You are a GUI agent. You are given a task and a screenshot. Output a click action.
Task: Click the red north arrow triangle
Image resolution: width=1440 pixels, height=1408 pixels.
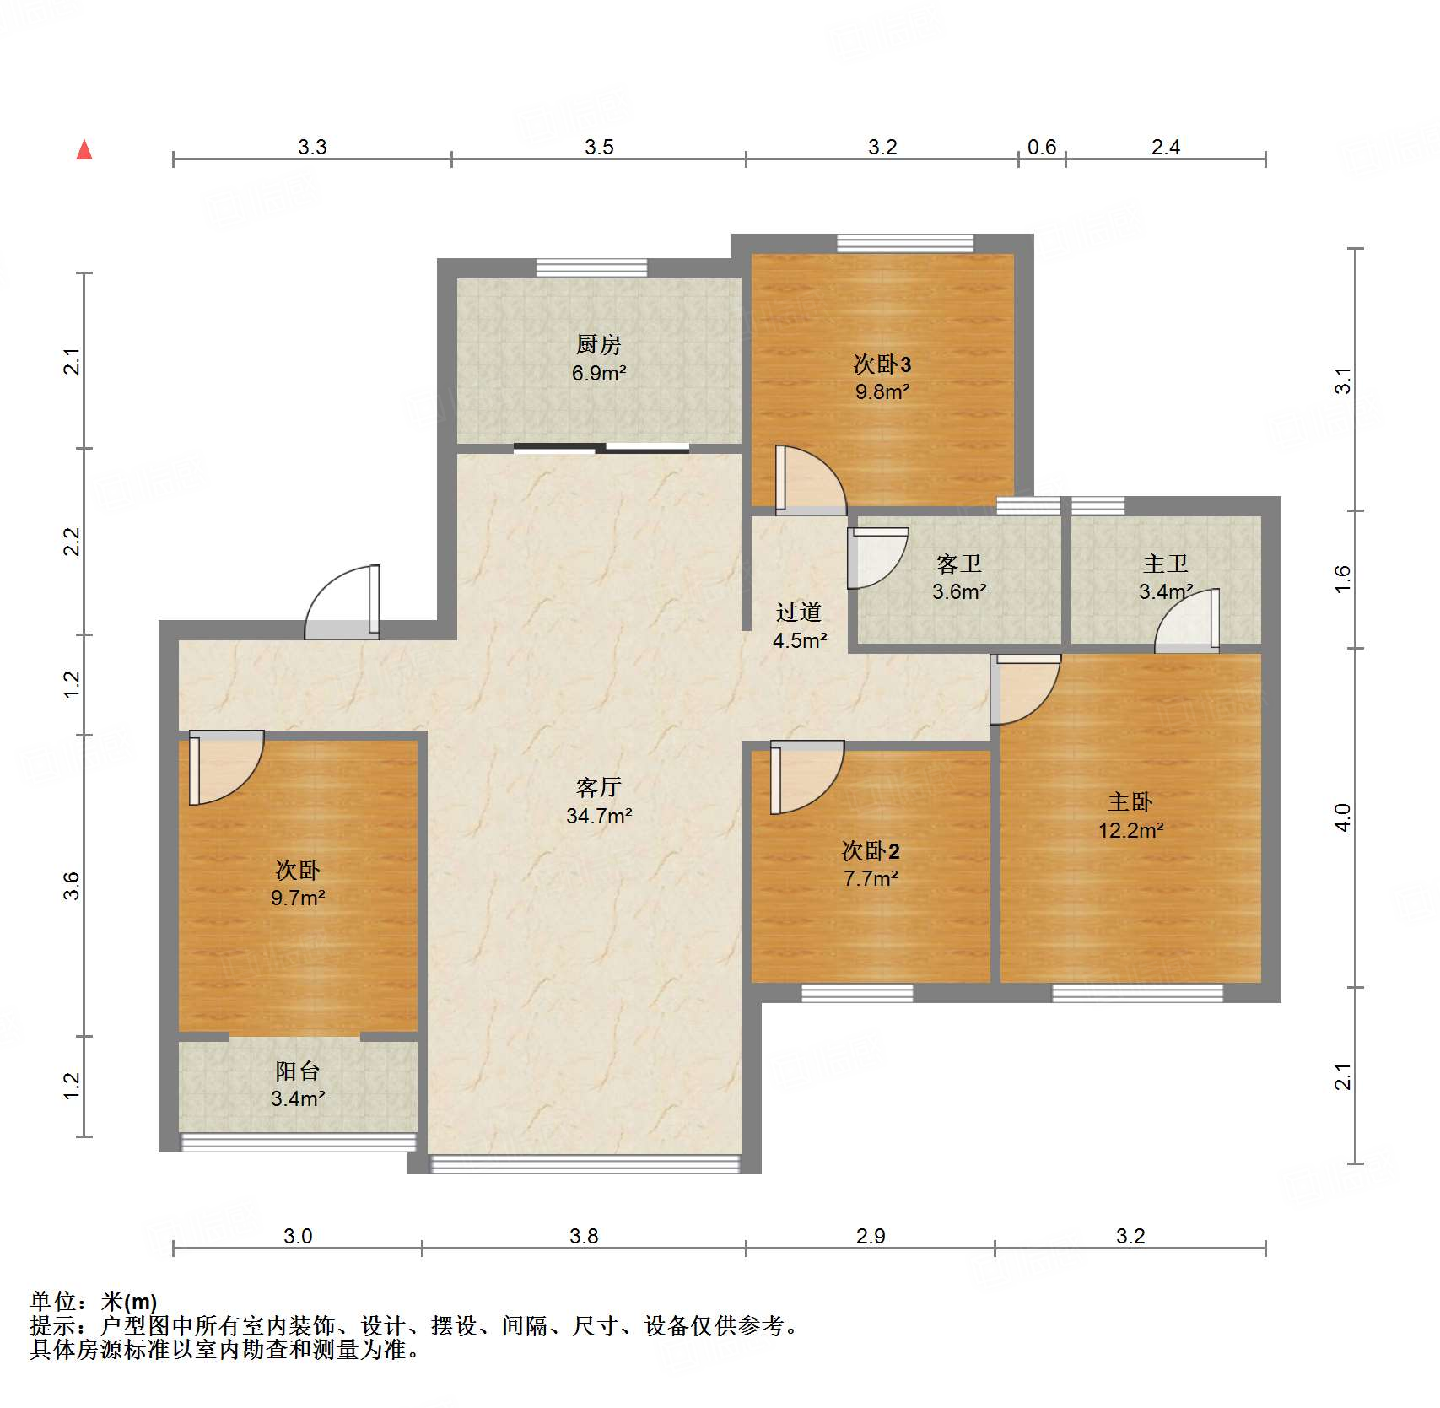(x=84, y=149)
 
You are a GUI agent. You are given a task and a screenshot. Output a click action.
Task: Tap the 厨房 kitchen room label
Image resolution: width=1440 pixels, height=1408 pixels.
(x=598, y=344)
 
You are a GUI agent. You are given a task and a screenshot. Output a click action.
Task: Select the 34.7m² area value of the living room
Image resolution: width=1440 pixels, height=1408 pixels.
(x=599, y=816)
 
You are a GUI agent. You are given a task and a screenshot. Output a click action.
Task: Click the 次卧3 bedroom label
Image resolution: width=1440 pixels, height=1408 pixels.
(x=882, y=364)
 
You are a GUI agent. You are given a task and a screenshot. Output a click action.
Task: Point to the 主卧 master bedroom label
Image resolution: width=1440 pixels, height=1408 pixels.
(x=1130, y=801)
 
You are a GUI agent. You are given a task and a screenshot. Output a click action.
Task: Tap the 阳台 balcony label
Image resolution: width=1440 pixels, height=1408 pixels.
(x=298, y=1071)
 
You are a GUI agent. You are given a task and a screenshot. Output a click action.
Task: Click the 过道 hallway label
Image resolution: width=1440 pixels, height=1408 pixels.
(x=799, y=612)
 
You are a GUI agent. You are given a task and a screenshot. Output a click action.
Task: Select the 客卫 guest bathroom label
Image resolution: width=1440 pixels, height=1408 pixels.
(x=959, y=564)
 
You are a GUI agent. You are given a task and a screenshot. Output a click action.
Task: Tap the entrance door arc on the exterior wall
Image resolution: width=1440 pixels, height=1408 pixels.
(x=342, y=602)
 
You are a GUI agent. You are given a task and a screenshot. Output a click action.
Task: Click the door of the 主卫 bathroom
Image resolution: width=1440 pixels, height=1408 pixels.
(x=1187, y=620)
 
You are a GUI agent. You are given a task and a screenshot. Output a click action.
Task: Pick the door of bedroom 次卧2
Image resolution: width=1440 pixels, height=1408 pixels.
(x=806, y=777)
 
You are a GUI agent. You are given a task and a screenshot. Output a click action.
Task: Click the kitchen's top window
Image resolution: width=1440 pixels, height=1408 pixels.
(x=592, y=268)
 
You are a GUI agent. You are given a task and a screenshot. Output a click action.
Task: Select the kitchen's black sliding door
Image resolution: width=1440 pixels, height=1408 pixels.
(x=601, y=448)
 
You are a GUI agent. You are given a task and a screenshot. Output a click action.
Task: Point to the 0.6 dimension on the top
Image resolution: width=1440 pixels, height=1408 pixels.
(x=1042, y=148)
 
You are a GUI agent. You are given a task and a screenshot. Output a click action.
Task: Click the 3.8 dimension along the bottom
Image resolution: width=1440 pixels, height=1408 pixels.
(x=584, y=1237)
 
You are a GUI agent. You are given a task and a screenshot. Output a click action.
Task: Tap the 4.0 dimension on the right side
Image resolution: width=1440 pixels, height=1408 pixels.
(x=1343, y=817)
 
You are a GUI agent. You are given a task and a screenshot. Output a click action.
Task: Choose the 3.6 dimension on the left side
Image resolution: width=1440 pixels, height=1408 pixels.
(x=72, y=886)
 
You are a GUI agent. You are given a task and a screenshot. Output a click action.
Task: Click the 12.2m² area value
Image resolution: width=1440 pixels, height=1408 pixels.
(x=1130, y=830)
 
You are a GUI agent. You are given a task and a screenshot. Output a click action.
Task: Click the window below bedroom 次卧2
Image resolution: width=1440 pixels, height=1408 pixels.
(x=857, y=993)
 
